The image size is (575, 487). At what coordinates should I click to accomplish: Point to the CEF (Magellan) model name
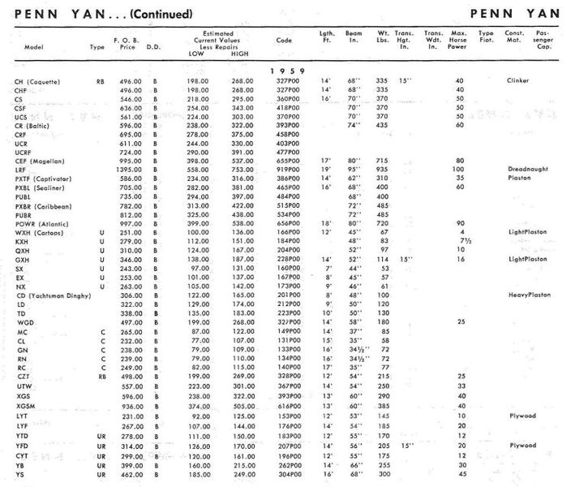pyautogui.click(x=41, y=161)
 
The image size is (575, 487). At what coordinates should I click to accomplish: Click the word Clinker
pyautogui.click(x=518, y=81)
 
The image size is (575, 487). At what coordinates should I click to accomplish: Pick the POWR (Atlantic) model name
pyautogui.click(x=42, y=224)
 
